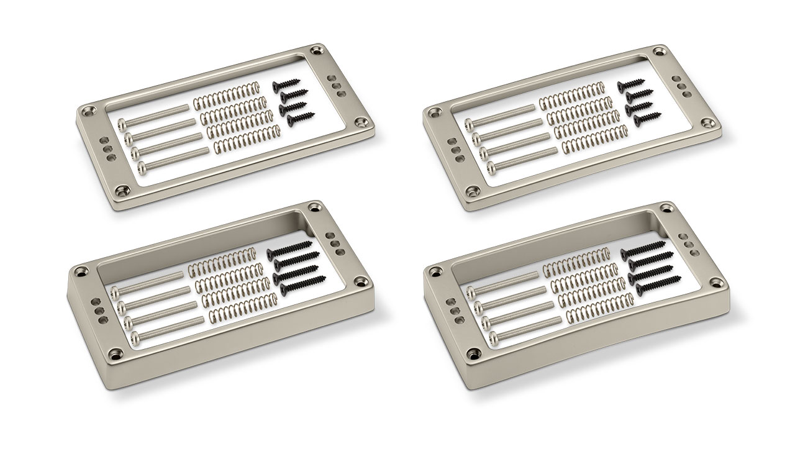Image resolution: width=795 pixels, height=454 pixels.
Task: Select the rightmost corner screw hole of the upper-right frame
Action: (x=708, y=124)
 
